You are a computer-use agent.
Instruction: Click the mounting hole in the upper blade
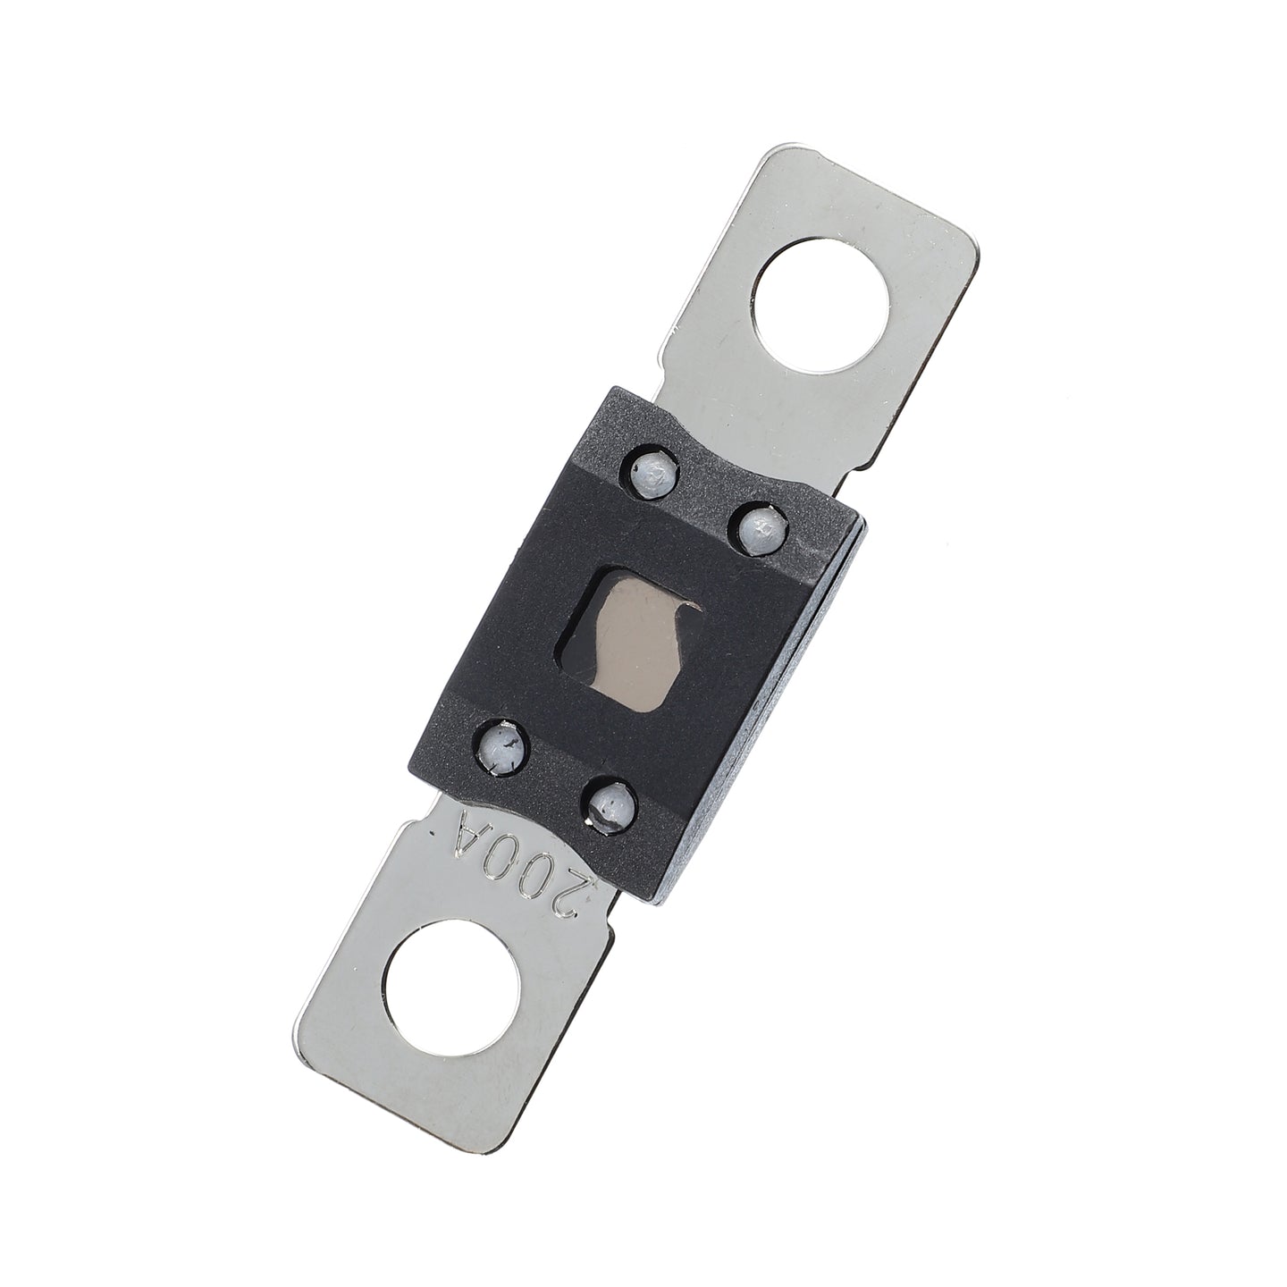point(820,306)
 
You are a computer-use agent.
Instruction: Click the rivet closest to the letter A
point(504,748)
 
